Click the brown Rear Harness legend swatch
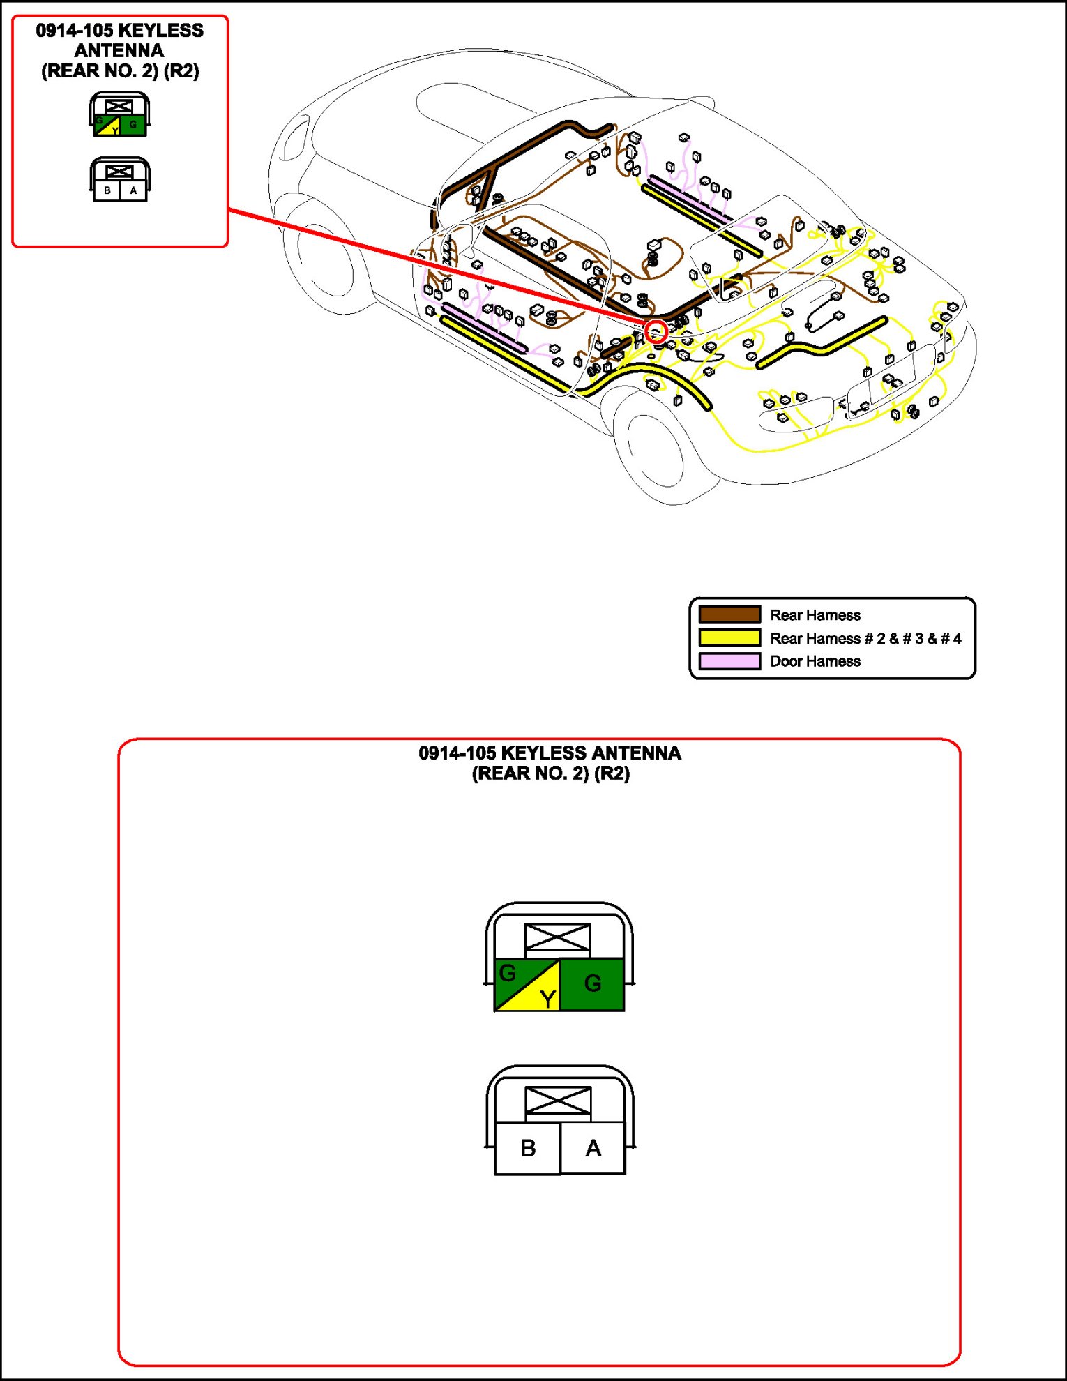click(x=729, y=614)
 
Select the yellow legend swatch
click(x=729, y=637)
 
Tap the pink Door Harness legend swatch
click(x=729, y=661)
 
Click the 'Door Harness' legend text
click(x=815, y=661)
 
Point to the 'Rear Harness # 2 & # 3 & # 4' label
click(x=865, y=638)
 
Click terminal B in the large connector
click(x=528, y=1148)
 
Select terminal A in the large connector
click(x=593, y=1148)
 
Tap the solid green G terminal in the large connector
click(x=592, y=984)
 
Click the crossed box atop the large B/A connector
click(x=558, y=1102)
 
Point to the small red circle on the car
click(x=656, y=331)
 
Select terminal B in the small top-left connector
click(x=107, y=190)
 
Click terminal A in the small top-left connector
click(x=133, y=190)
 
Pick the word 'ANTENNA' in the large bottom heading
click(x=636, y=753)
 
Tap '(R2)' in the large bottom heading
click(x=612, y=773)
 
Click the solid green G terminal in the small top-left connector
click(x=133, y=126)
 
